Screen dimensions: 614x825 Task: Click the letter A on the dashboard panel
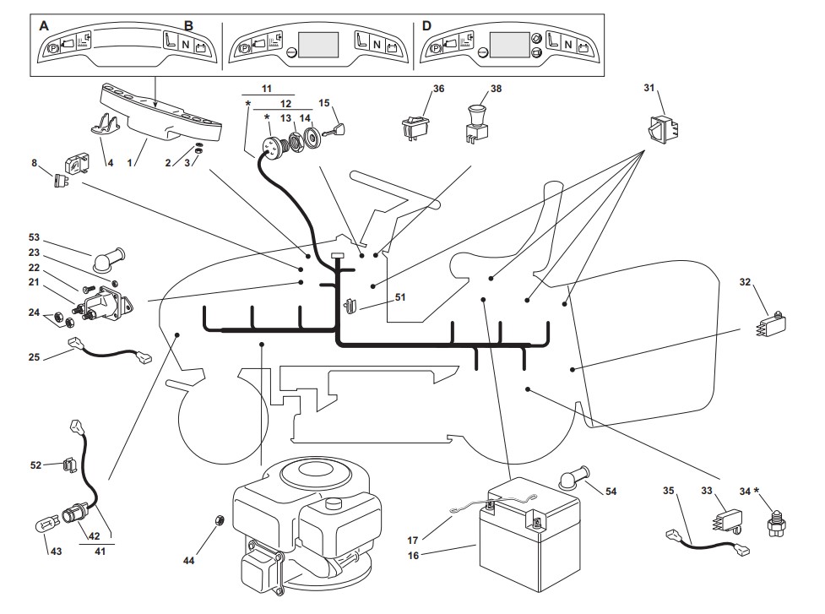click(45, 26)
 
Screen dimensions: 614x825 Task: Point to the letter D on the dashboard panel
click(426, 26)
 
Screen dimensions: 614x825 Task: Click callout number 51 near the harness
click(399, 296)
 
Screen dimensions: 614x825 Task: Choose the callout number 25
click(34, 357)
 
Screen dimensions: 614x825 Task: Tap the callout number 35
click(668, 490)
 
